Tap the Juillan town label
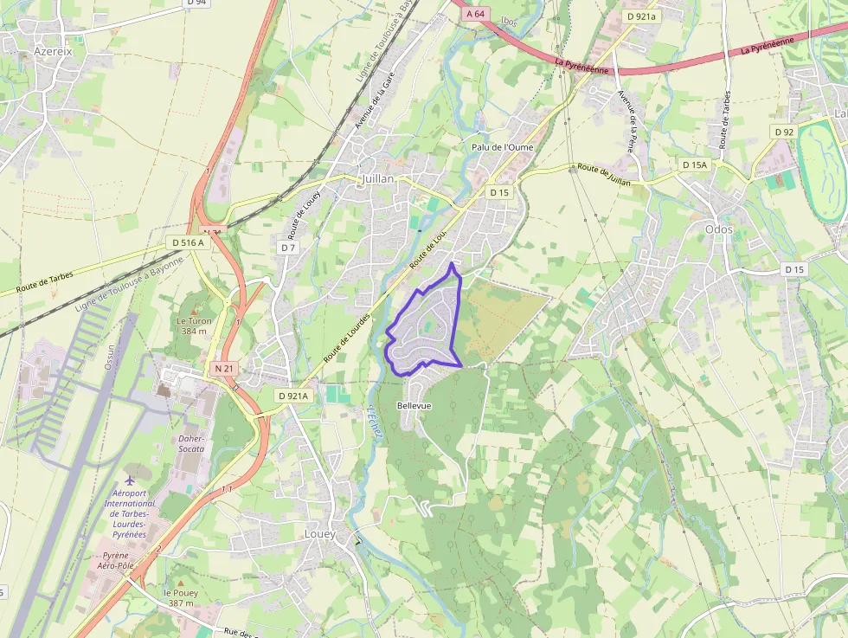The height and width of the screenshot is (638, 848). (376, 179)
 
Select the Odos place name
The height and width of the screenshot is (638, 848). (718, 229)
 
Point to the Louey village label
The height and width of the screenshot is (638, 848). (319, 534)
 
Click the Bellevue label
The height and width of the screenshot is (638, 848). (414, 405)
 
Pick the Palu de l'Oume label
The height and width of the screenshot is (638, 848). (502, 147)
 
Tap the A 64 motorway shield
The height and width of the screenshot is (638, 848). (476, 14)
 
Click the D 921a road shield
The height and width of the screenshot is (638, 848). (641, 16)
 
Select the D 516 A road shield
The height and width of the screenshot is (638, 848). (188, 242)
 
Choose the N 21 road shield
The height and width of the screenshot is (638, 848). (223, 369)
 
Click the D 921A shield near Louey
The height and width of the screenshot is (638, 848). (293, 396)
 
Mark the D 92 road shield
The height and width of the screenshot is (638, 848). (784, 132)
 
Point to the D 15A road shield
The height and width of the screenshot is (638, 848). (694, 164)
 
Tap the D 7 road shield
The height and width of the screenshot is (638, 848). (288, 248)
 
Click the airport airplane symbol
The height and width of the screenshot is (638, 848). (130, 479)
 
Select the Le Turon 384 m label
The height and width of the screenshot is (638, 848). (194, 325)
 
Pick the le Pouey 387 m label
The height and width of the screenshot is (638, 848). (181, 597)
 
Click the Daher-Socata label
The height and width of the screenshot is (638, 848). (191, 443)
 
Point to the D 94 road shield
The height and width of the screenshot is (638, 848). (196, 3)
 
